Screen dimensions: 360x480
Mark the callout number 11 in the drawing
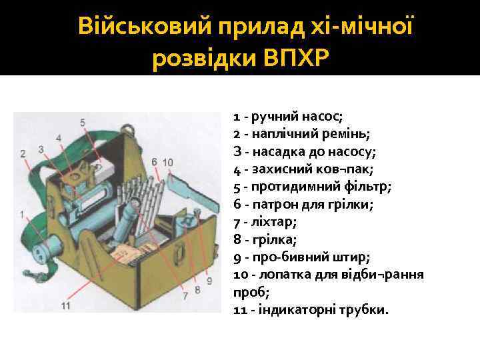point(65,306)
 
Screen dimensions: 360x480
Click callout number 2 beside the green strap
point(23,154)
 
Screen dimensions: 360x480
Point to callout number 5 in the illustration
point(83,122)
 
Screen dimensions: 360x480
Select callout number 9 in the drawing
point(209,281)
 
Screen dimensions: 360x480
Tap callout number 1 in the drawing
point(22,214)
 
